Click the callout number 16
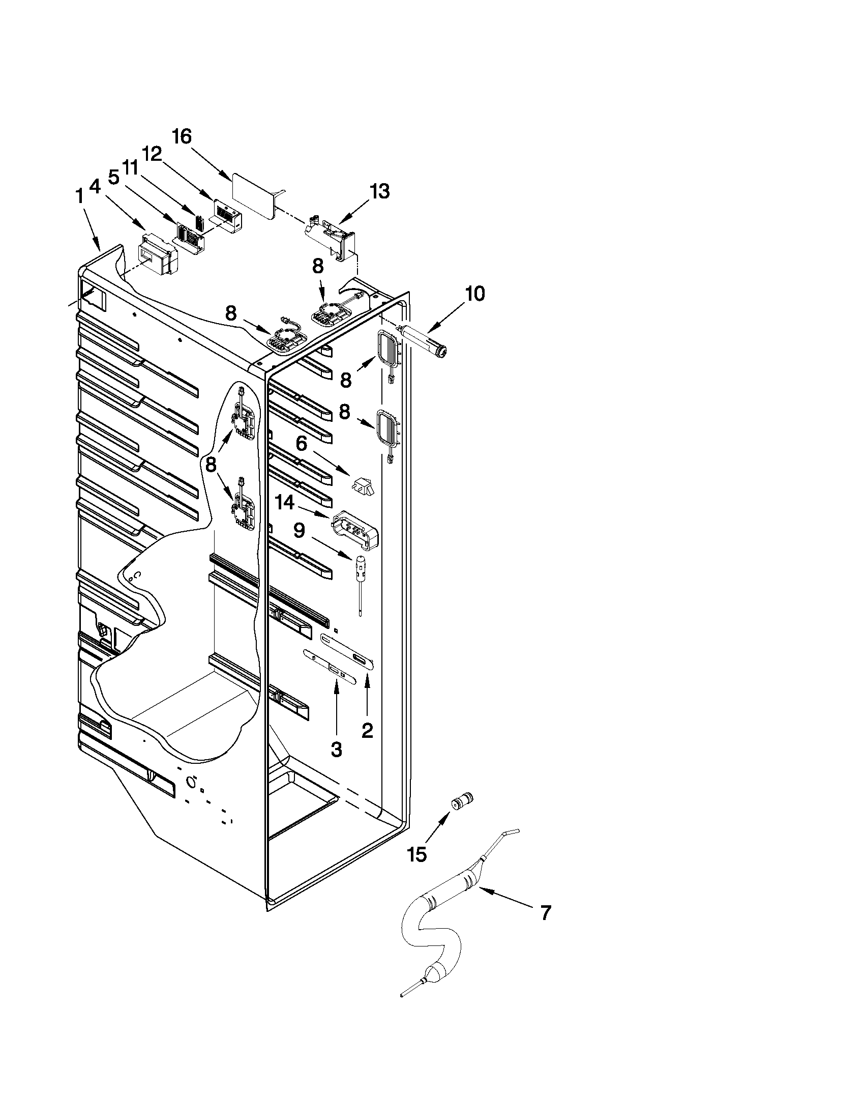[x=182, y=136]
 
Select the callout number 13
[x=380, y=191]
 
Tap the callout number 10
[x=474, y=294]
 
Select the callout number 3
[x=336, y=749]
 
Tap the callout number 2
[x=367, y=730]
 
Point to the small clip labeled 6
[x=362, y=484]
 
